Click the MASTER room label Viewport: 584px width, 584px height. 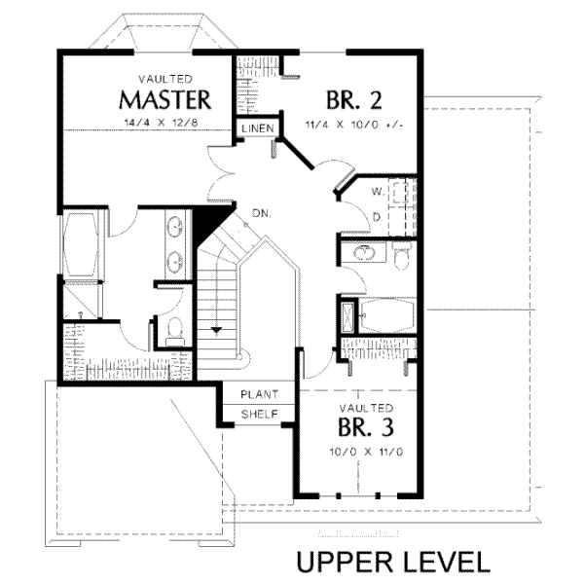165,100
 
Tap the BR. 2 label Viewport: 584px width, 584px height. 354,100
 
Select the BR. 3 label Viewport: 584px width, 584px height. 366,427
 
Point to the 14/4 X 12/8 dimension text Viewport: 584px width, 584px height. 161,123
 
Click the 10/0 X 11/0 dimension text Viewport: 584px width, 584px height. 366,453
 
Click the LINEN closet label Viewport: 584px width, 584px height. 258,128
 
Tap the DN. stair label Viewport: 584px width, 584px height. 262,213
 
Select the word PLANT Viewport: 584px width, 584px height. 259,394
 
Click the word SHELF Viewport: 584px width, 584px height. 260,415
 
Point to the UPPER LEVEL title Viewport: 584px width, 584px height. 393,562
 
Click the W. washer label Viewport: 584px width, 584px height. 378,192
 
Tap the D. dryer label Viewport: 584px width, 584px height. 378,217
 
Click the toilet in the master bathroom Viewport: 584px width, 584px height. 174,330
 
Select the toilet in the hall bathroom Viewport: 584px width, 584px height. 401,256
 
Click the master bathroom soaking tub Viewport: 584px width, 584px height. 81,244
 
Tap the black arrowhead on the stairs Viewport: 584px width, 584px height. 216,330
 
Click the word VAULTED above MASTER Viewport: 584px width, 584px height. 165,80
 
